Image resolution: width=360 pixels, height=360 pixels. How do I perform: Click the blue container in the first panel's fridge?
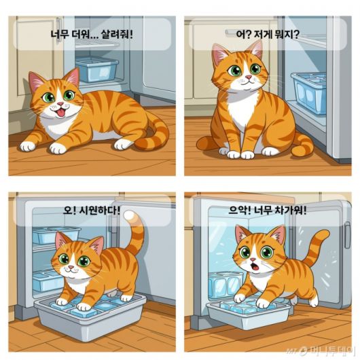coord(97,69)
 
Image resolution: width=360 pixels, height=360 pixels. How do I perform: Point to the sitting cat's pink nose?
coord(249,77)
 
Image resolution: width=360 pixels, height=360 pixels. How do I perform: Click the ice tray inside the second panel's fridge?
coord(310,92)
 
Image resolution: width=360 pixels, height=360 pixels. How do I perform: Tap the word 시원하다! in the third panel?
coord(99,210)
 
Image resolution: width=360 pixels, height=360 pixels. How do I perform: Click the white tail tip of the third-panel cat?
coord(130,215)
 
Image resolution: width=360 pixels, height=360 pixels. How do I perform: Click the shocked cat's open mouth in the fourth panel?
coord(255,266)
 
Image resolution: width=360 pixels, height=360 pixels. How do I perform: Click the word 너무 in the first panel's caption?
coord(59,35)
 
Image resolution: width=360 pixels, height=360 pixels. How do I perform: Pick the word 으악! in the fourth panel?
coord(240,210)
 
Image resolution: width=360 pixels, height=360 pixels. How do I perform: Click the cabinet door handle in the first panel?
coord(58,30)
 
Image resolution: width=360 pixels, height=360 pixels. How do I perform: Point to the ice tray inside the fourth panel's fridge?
coord(226,285)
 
